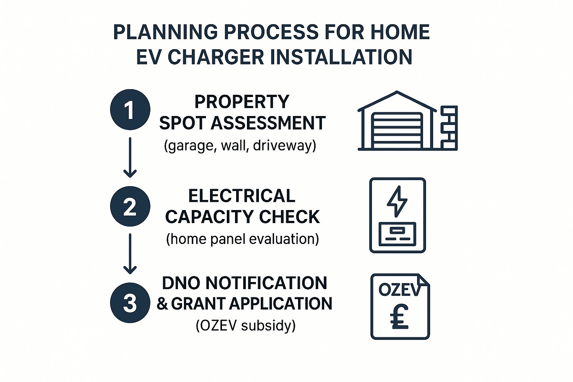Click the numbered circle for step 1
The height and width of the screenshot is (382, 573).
[130, 110]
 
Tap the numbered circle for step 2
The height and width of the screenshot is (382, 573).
[130, 206]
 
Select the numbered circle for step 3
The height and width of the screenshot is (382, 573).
[130, 303]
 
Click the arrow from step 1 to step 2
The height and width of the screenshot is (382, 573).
[130, 157]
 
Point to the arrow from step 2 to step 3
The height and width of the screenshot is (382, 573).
[130, 253]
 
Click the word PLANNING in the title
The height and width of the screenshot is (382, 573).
[165, 32]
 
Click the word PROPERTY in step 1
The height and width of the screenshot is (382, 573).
[242, 102]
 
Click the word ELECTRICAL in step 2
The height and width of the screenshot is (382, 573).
[242, 196]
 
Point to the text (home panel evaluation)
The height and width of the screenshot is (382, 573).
[242, 239]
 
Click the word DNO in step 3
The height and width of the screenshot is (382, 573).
[182, 283]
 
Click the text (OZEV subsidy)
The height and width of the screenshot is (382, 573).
[245, 326]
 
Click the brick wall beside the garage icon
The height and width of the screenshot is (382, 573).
[449, 128]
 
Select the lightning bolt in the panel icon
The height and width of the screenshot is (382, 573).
[397, 201]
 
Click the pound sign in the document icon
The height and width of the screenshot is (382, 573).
[399, 317]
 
